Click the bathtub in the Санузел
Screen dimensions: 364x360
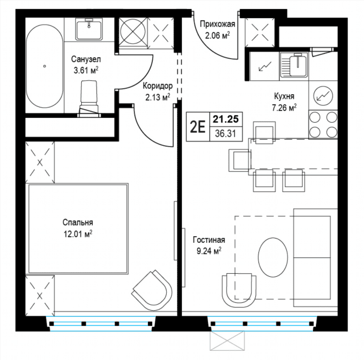click(x=44, y=66)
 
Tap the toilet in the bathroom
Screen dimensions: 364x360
click(x=89, y=99)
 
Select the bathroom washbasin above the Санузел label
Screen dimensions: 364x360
click(x=89, y=30)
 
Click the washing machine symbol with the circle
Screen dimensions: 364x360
click(x=133, y=32)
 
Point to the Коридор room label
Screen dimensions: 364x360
click(x=158, y=86)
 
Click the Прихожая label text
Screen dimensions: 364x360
click(x=218, y=24)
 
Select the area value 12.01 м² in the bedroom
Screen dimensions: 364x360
click(x=78, y=234)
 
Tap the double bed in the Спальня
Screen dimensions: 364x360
click(x=78, y=228)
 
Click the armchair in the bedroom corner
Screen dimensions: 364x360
click(x=152, y=290)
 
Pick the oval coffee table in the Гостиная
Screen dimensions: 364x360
click(x=273, y=257)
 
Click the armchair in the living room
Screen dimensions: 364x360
click(x=239, y=290)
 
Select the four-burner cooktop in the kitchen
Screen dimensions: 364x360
click(x=323, y=124)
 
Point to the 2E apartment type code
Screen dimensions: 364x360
click(x=198, y=127)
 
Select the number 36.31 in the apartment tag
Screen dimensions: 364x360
click(x=226, y=134)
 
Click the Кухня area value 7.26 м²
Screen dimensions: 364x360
click(x=284, y=107)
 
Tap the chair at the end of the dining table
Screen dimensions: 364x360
click(x=240, y=160)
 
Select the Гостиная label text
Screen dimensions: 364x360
click(x=209, y=240)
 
